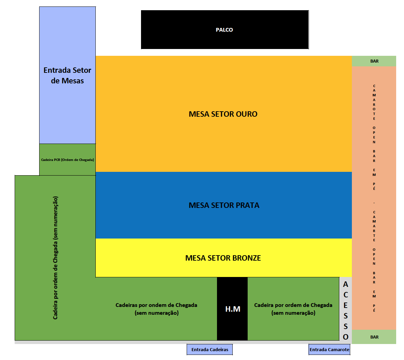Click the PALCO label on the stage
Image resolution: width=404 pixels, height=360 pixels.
tap(224, 30)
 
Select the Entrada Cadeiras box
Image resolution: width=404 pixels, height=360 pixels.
tap(210, 349)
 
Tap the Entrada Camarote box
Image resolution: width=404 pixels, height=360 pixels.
tap(329, 349)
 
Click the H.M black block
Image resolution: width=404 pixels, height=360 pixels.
tap(233, 309)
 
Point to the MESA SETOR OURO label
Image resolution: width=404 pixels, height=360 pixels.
tap(223, 114)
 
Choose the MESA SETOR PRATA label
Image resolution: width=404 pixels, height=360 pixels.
tap(224, 205)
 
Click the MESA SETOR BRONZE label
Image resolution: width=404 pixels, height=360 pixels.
tap(223, 258)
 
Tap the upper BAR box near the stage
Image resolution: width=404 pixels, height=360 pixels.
tap(374, 61)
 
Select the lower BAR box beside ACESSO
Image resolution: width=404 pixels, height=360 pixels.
tap(374, 337)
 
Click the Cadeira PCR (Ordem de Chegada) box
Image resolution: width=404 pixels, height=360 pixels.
tap(67, 160)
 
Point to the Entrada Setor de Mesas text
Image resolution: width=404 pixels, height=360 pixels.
tap(67, 75)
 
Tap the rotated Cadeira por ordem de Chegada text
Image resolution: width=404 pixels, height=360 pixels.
tap(56, 258)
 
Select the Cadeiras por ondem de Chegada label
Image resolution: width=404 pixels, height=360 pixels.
tap(156, 309)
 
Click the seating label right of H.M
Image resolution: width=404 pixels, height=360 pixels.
tap(293, 309)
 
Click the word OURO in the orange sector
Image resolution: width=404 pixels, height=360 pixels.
tap(247, 114)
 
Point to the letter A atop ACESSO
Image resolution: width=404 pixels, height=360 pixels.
tap(345, 284)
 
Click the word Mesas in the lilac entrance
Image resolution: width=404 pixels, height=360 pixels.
tap(72, 81)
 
